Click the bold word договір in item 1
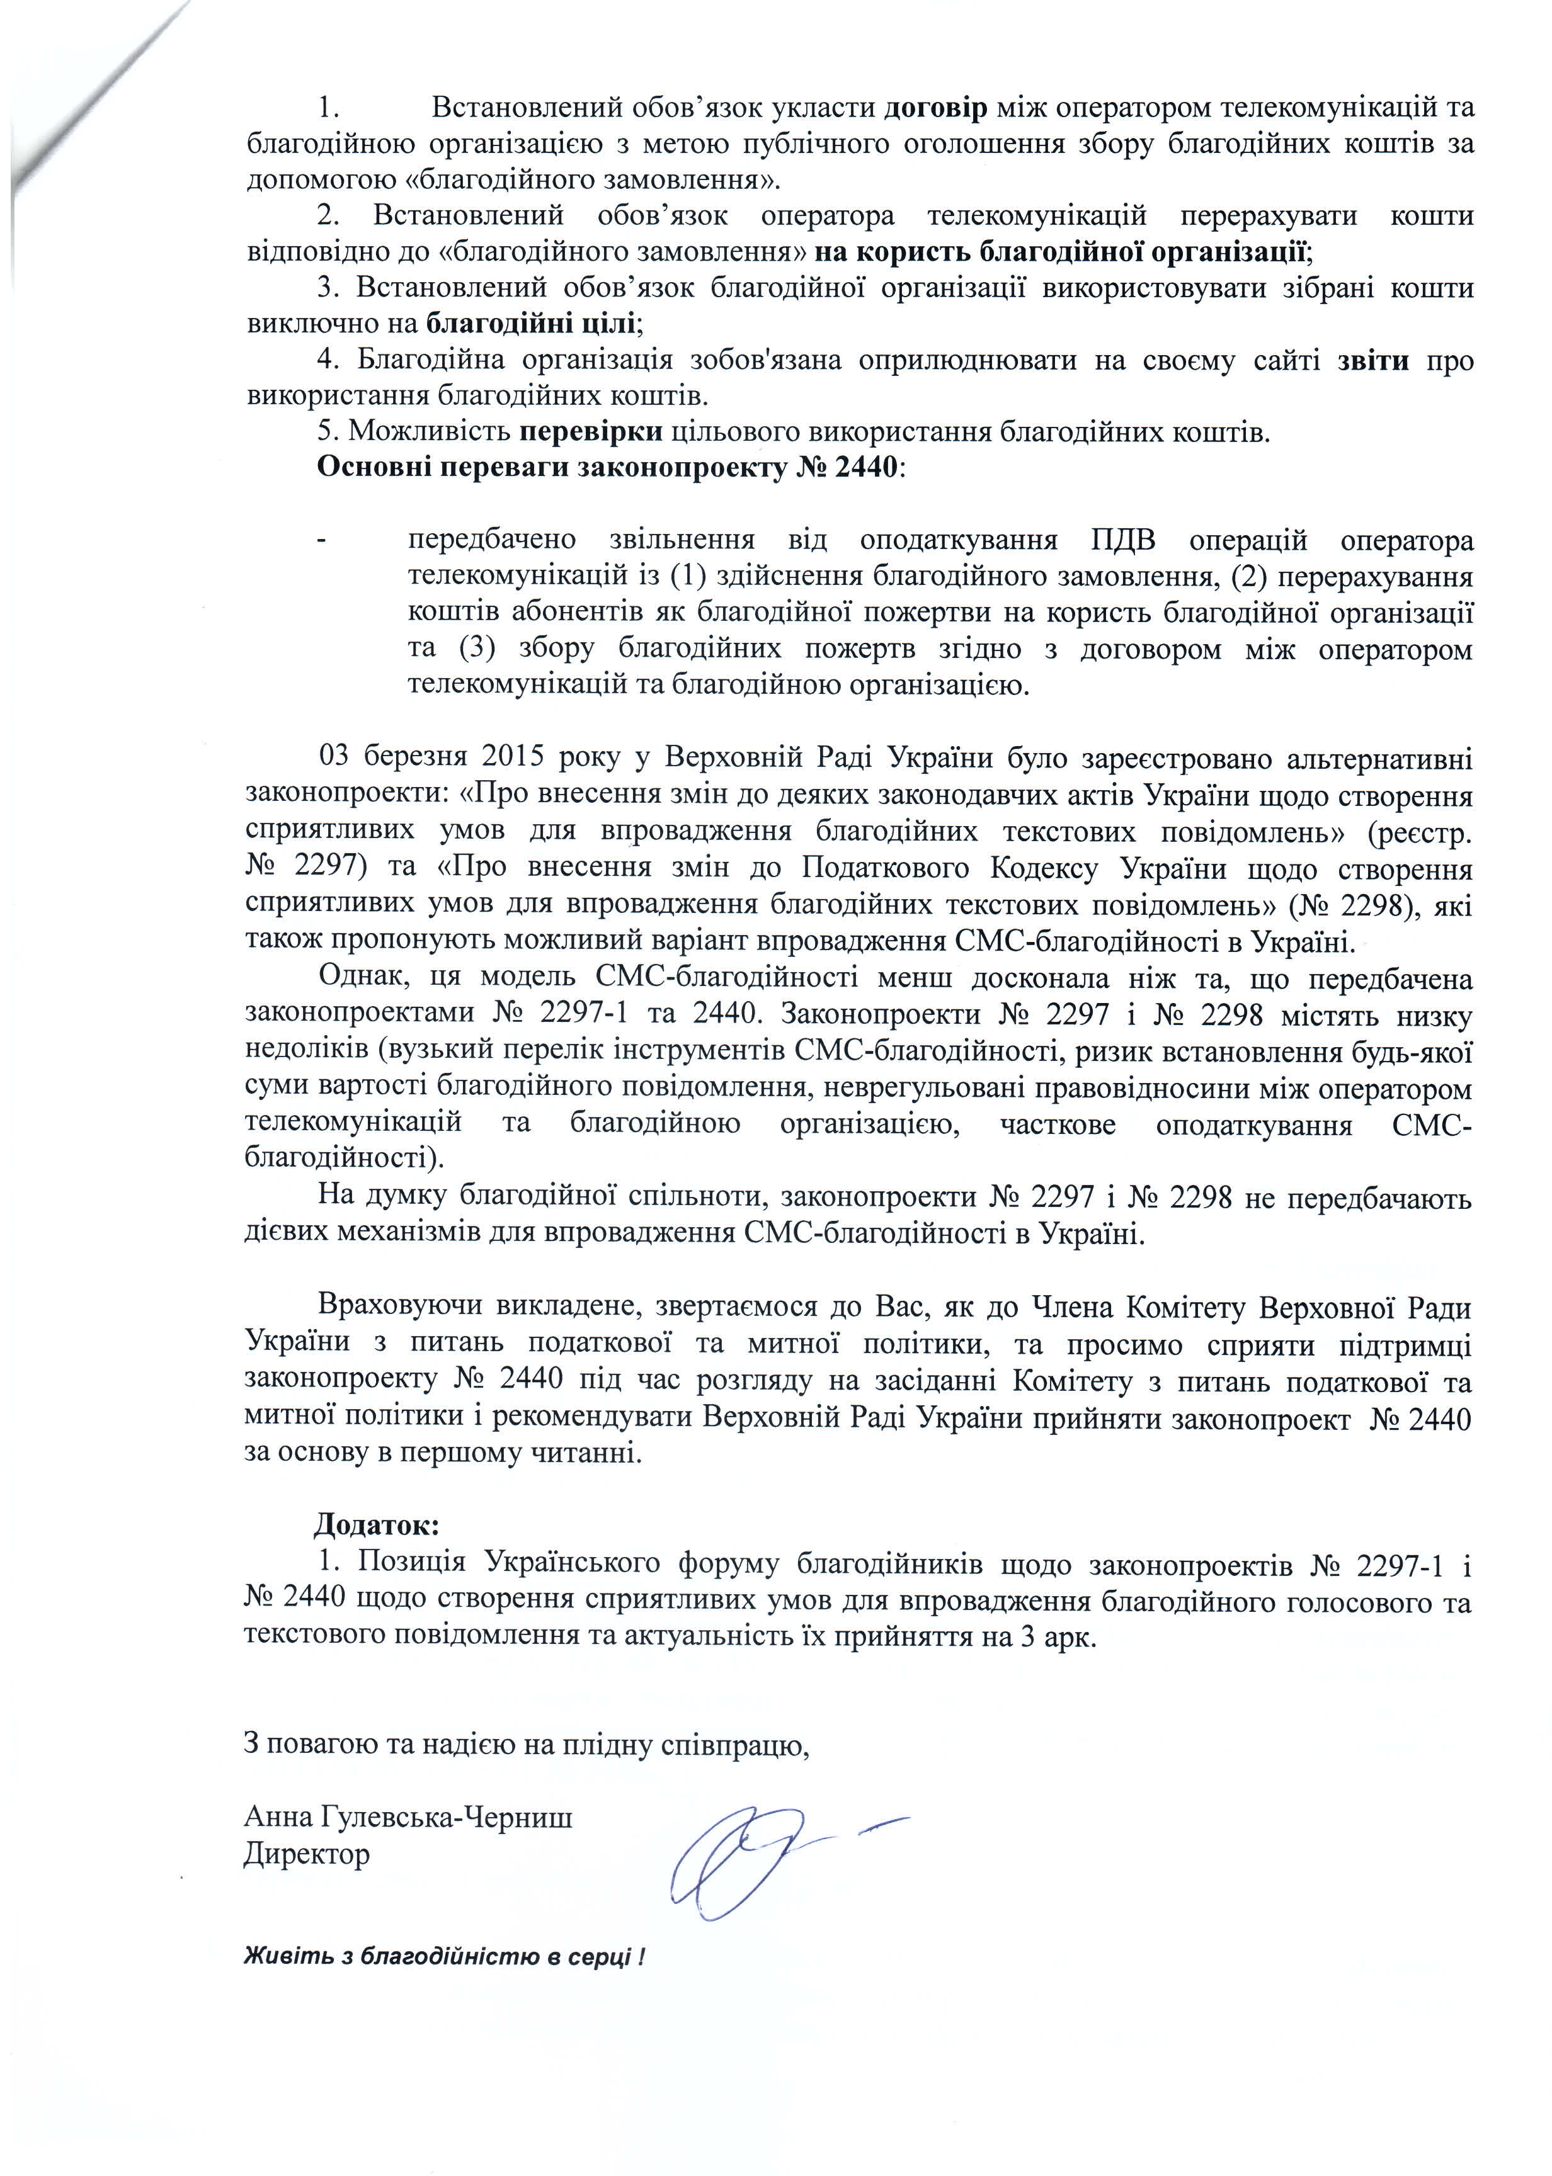click(935, 108)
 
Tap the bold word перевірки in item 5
click(591, 432)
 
